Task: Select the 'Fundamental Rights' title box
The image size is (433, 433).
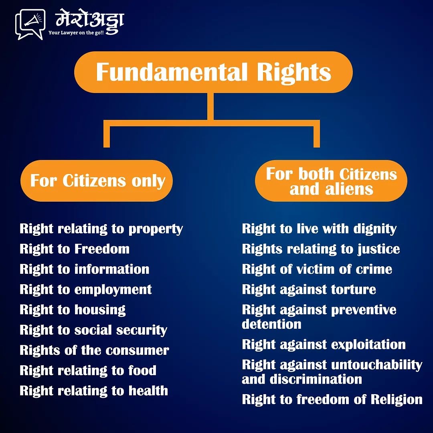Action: point(213,72)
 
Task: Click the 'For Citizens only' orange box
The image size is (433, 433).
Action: point(97,181)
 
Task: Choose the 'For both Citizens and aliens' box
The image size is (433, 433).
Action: point(331,181)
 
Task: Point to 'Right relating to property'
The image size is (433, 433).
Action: point(101,229)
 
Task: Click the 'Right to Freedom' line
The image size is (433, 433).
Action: point(75,249)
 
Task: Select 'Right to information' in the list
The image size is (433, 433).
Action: point(85,269)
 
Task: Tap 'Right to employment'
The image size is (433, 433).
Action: point(86,289)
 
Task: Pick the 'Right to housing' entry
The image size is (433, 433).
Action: point(73,310)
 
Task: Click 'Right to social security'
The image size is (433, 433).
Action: point(93,330)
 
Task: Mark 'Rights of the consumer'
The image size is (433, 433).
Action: point(94,350)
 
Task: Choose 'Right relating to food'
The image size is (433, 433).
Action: point(88,370)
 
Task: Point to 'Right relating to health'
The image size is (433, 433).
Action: point(94,391)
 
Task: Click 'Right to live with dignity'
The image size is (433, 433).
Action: point(319,229)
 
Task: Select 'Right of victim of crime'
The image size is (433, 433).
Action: point(317,269)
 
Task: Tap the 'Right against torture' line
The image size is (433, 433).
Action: point(309,289)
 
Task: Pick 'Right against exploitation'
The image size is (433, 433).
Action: point(324,344)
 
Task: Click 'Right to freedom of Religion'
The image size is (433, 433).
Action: point(332,399)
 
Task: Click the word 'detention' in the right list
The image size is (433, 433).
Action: point(271,324)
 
